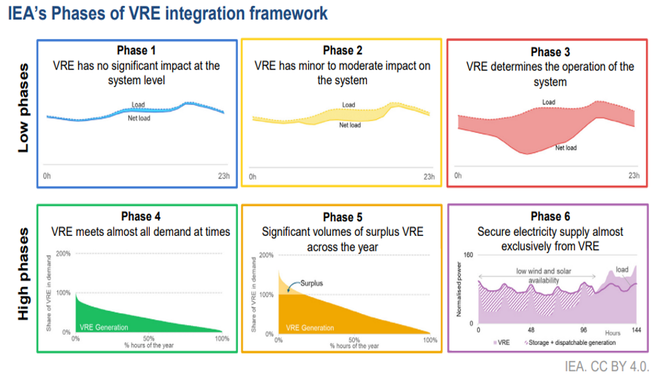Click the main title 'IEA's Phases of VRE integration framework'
[168, 14]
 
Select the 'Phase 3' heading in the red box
[550, 52]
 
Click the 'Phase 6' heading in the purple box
[550, 217]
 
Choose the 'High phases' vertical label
[23, 274]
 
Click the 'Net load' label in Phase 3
[565, 148]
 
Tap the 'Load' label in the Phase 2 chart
[348, 105]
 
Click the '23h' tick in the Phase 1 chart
[223, 176]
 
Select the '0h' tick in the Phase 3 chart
[458, 176]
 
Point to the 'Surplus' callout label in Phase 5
[311, 283]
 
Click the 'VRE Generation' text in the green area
[104, 328]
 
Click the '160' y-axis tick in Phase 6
[468, 255]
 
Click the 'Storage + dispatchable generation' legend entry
[576, 342]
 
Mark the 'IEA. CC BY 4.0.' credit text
[605, 366]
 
